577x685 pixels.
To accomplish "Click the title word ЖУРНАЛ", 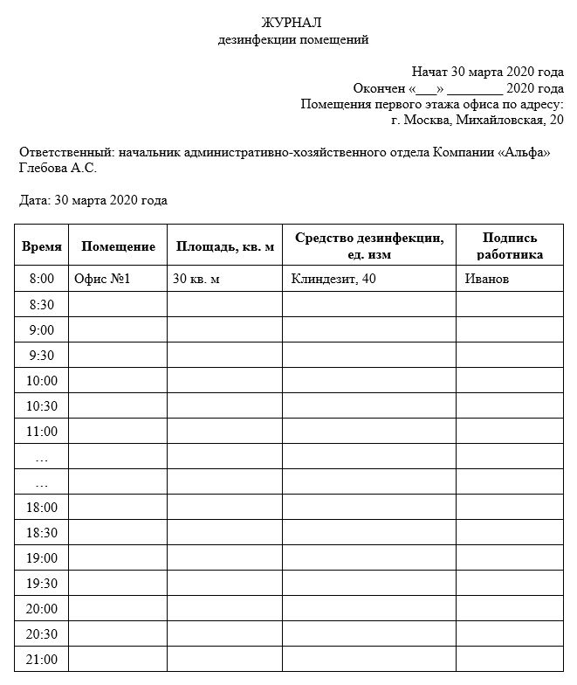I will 291,23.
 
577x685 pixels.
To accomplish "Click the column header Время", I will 42,246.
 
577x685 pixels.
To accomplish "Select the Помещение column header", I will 118,246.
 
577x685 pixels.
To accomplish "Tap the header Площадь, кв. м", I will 225,246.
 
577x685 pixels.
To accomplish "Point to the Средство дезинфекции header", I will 368,246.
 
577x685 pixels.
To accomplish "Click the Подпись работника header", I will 510,246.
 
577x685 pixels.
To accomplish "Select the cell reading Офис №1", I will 102,279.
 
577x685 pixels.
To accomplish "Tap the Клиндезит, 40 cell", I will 334,279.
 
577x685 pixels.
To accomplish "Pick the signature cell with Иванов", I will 487,279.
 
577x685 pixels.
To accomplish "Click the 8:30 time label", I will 42,305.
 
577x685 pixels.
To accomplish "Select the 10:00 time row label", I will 42,381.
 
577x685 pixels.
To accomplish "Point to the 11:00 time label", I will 42,432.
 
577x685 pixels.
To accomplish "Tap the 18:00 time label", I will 42,508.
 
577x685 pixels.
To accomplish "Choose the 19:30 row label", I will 42,584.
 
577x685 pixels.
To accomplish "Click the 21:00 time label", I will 42,660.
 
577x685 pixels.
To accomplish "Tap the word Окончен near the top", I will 378,88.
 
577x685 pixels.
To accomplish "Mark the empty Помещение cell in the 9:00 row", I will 118,330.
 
